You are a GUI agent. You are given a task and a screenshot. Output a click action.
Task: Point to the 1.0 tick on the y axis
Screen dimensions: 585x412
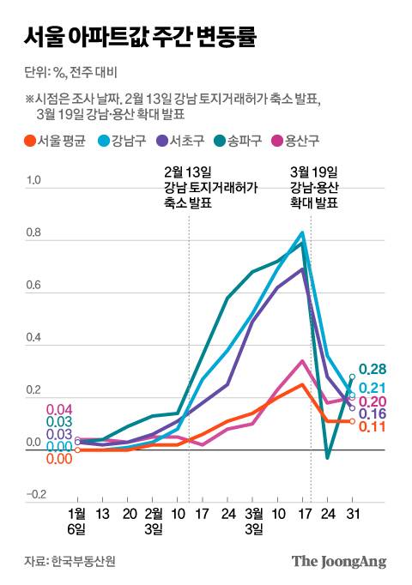[34, 181]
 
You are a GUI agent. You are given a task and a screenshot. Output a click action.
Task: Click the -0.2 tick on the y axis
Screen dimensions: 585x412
[34, 495]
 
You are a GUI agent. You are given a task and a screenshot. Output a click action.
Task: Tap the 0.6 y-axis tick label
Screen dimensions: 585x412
[34, 286]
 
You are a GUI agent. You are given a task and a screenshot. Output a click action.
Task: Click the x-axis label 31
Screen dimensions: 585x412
[352, 515]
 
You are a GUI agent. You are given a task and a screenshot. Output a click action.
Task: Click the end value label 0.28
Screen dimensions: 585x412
[373, 369]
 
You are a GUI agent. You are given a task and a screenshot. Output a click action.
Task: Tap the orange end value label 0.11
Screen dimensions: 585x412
[371, 427]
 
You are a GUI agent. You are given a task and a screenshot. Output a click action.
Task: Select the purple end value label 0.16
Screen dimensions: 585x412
[373, 414]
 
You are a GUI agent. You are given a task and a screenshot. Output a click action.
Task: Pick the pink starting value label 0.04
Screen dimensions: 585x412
[58, 409]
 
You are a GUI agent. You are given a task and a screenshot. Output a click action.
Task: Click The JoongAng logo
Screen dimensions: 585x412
[339, 562]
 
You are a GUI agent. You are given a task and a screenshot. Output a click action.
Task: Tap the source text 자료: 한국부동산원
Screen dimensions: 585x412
[70, 562]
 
